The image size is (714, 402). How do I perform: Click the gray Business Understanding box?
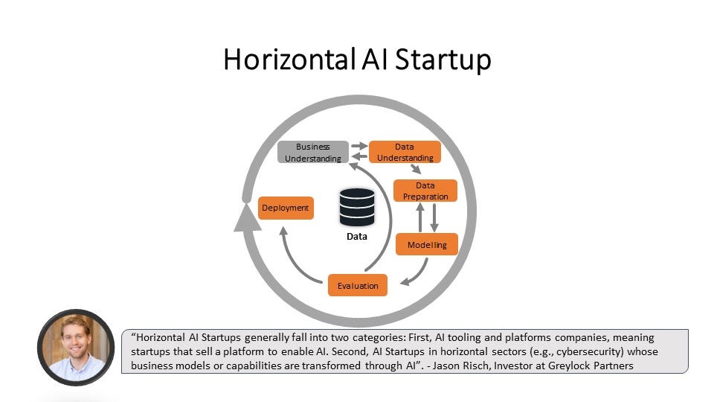point(313,153)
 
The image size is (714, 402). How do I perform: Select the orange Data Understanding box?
point(405,153)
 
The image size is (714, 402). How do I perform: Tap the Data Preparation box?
point(425,191)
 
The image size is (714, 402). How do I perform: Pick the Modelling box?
point(427,244)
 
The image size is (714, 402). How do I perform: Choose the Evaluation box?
point(358,285)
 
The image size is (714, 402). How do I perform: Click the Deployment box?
point(285,208)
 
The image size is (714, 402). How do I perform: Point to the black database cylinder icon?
point(357,207)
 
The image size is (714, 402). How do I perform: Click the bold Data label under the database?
point(357,237)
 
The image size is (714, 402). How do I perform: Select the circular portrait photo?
point(76,348)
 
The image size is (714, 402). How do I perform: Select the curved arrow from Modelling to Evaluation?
point(417,273)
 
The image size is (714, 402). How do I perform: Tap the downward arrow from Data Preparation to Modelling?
point(434,217)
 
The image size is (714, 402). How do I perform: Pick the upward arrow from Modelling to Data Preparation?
point(420,217)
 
